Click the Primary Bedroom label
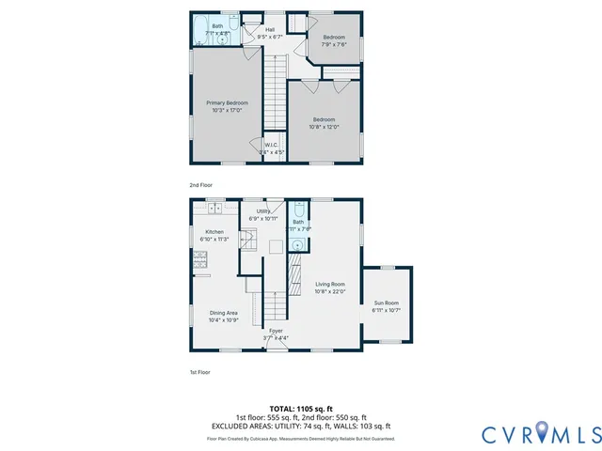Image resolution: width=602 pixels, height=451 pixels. pyautogui.click(x=227, y=102)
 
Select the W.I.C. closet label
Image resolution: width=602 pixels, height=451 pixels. pyautogui.click(x=272, y=145)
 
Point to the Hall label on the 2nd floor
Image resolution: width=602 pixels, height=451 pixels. pyautogui.click(x=270, y=30)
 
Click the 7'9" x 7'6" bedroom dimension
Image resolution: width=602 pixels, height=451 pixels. pyautogui.click(x=334, y=44)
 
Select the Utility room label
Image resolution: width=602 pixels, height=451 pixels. pyautogui.click(x=263, y=211)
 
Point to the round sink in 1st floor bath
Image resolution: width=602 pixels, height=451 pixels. pyautogui.click(x=297, y=244)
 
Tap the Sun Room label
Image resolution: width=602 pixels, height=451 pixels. pyautogui.click(x=387, y=303)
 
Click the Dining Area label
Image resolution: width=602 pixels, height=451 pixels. pyautogui.click(x=224, y=313)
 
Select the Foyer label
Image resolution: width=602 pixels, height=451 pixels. pyautogui.click(x=276, y=331)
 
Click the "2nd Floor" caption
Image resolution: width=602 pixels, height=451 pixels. pyautogui.click(x=201, y=185)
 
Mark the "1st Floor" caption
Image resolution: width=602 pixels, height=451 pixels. pyautogui.click(x=199, y=372)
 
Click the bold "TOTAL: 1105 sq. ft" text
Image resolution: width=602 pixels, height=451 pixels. pyautogui.click(x=301, y=409)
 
